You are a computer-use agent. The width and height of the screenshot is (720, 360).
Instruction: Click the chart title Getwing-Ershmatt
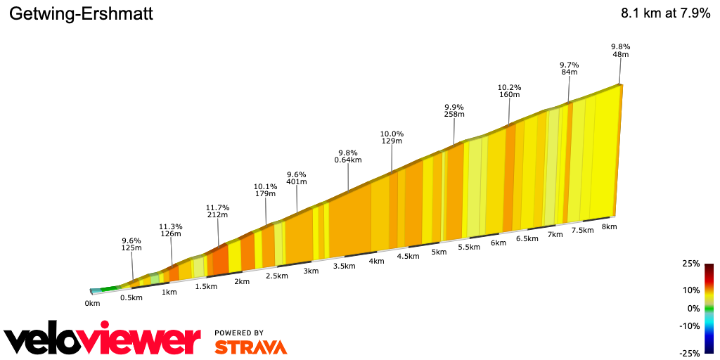(81, 14)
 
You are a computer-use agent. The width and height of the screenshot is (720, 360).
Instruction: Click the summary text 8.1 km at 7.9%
(665, 14)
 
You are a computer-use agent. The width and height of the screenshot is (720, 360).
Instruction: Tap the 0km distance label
(92, 303)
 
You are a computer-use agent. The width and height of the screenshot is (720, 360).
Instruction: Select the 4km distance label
(376, 261)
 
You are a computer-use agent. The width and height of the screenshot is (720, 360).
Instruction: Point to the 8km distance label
(609, 226)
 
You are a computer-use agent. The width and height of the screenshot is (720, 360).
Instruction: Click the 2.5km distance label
(277, 276)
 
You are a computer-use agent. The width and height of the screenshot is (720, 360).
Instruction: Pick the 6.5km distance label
(527, 238)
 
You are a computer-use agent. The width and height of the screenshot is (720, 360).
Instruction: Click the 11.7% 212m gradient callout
(218, 211)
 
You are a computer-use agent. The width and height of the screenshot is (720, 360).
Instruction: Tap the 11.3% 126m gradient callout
(172, 230)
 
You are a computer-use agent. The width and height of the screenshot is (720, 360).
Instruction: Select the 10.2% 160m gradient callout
(509, 90)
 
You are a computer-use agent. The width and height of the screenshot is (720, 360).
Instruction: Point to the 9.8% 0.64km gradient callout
(348, 156)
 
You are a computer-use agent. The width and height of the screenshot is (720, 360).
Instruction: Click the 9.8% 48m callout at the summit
(620, 50)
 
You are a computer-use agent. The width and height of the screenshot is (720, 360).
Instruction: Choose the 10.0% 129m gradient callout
(392, 137)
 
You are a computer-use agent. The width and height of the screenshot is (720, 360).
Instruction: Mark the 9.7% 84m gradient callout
(569, 67)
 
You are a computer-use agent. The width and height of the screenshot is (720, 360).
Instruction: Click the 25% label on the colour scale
(690, 264)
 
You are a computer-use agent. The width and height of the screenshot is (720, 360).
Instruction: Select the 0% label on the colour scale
(693, 308)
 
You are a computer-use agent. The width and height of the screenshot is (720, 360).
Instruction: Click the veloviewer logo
(102, 341)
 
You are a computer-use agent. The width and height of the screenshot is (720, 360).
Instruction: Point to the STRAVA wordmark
(250, 347)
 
